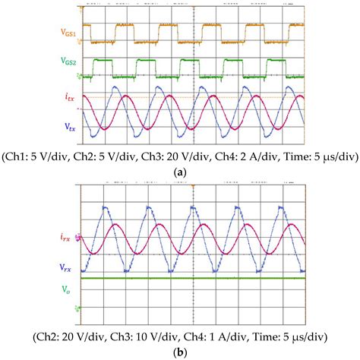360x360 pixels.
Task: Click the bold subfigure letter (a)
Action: coord(181,173)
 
